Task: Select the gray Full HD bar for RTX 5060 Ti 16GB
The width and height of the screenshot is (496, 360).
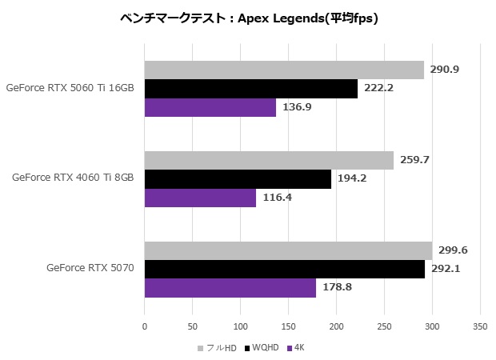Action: point(284,70)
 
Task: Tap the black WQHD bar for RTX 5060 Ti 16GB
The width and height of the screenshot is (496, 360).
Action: point(251,89)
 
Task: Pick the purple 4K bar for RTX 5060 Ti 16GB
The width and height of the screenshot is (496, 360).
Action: point(210,107)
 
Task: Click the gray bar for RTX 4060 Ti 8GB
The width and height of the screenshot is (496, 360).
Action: point(269,160)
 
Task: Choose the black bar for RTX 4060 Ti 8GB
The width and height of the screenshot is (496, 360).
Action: point(238,178)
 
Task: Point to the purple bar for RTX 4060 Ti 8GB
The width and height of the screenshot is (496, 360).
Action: point(200,197)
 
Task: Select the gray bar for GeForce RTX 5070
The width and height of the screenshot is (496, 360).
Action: point(288,250)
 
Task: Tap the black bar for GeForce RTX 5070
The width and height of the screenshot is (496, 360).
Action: point(285,269)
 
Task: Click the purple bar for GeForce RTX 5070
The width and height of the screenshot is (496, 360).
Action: point(230,287)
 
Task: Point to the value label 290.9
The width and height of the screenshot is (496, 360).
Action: point(444,70)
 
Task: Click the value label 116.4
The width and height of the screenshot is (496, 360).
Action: point(276,197)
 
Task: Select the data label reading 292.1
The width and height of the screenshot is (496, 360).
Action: point(445,269)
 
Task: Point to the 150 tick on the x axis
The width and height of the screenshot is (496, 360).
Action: point(288,326)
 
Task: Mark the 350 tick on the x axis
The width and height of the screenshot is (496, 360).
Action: point(480,326)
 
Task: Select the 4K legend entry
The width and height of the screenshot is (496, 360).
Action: point(296,348)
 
